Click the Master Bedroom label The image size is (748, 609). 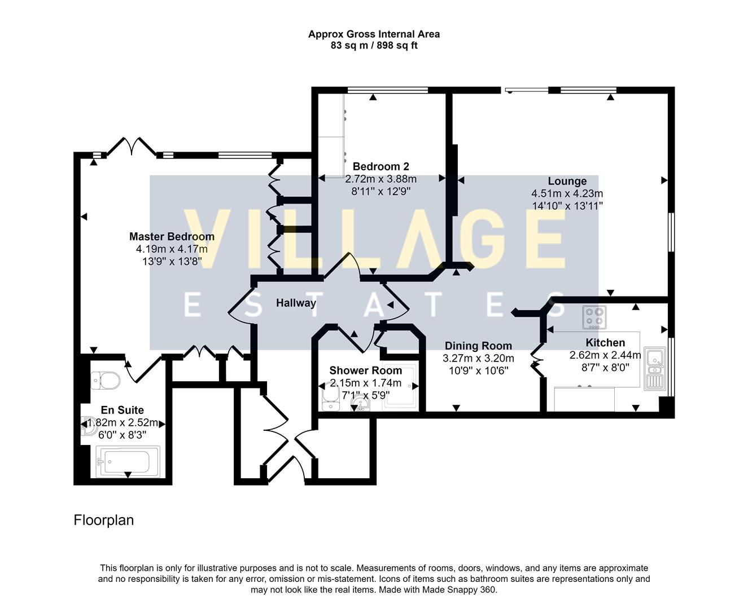pyautogui.click(x=172, y=237)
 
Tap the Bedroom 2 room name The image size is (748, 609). pyautogui.click(x=380, y=166)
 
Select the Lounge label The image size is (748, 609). pyautogui.click(x=567, y=181)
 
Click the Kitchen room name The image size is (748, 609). pyautogui.click(x=605, y=342)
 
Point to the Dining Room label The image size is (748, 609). pyautogui.click(x=478, y=346)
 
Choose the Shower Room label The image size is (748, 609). pyautogui.click(x=365, y=370)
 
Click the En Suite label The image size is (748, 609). pyautogui.click(x=122, y=410)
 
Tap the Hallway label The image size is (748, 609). pyautogui.click(x=296, y=303)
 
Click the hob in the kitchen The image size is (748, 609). pyautogui.click(x=594, y=317)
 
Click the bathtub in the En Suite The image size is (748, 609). pyautogui.click(x=128, y=461)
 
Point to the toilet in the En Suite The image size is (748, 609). pyautogui.click(x=106, y=380)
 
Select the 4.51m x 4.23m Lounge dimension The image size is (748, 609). pyautogui.click(x=567, y=193)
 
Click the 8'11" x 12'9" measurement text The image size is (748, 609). pyautogui.click(x=380, y=191)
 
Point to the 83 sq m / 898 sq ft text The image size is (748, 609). pyautogui.click(x=374, y=46)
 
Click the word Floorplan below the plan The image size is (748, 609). pyautogui.click(x=104, y=520)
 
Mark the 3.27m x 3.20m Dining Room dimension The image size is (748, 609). pyautogui.click(x=478, y=358)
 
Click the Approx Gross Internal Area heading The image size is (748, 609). pyautogui.click(x=374, y=34)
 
